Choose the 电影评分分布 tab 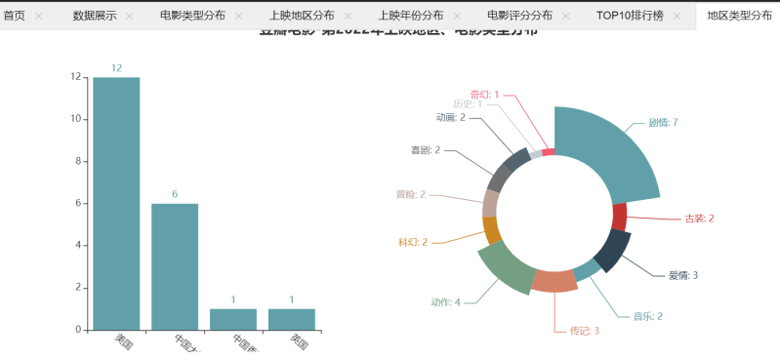(x=519, y=16)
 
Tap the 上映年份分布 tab (x=410, y=16)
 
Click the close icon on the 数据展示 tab (x=129, y=17)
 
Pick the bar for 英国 (x=292, y=319)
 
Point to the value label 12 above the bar (x=116, y=68)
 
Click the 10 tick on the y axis (x=75, y=119)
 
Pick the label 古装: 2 (x=699, y=219)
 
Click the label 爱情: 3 (x=682, y=275)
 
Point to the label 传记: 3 (x=584, y=331)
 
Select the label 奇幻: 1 (x=484, y=95)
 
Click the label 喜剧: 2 (x=425, y=150)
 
